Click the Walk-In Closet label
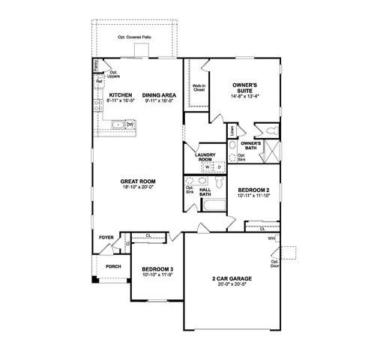(199, 87)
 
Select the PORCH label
(113, 266)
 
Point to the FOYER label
(106, 237)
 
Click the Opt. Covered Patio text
(135, 37)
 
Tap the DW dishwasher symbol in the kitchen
(129, 124)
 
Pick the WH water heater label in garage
(271, 238)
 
